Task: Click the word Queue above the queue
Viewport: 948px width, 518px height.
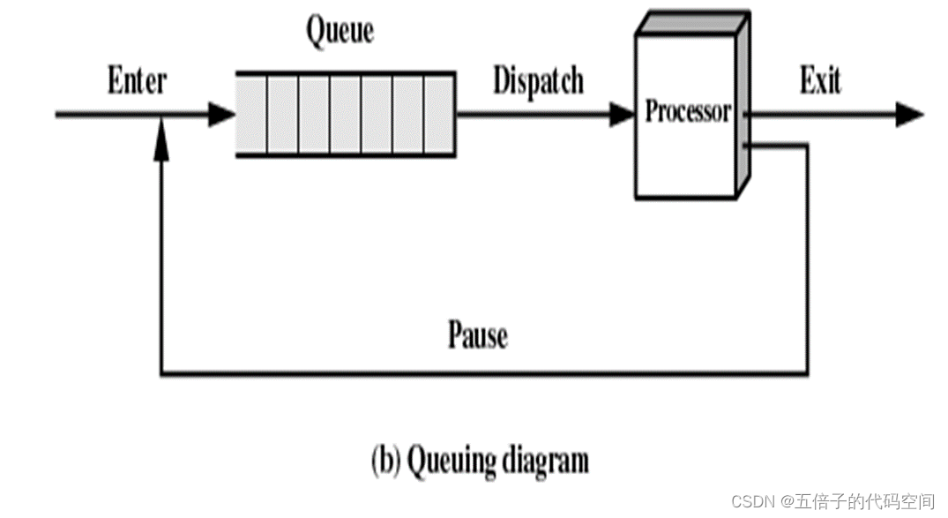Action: click(x=340, y=31)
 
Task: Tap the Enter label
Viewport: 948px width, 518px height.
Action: click(x=137, y=81)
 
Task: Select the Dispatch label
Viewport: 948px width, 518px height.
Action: click(x=538, y=81)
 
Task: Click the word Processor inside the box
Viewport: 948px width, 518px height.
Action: click(x=688, y=112)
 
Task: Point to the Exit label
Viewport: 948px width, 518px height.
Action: click(x=819, y=81)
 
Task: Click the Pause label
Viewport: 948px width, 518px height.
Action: click(x=478, y=335)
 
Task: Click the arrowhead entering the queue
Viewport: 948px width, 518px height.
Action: click(x=222, y=114)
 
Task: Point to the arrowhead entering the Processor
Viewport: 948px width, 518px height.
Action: click(x=623, y=114)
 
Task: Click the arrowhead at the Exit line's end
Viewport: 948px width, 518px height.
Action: click(x=909, y=114)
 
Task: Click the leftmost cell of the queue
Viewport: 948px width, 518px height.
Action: click(x=253, y=114)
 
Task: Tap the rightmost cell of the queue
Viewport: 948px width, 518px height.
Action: click(x=438, y=114)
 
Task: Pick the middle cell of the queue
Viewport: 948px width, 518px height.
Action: click(x=346, y=114)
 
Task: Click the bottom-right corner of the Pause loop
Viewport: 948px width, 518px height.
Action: click(x=806, y=374)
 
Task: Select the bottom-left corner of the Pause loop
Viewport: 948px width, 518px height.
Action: click(x=160, y=374)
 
